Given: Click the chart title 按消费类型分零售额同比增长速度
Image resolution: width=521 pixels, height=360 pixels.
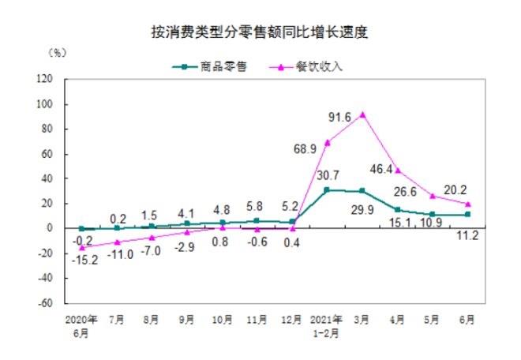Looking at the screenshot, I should pos(260,33).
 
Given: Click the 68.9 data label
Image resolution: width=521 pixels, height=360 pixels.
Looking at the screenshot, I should pos(305,148).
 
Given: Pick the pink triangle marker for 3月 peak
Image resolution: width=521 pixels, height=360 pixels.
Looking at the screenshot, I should pos(362,114).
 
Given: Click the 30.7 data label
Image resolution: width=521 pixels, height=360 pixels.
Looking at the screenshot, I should pos(326,176).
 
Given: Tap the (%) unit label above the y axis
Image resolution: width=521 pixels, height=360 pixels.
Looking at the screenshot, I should pos(58,53).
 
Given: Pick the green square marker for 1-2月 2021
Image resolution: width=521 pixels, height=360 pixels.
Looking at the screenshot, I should pos(327,190).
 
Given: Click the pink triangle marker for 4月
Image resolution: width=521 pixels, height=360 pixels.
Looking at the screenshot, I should pos(398,171).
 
